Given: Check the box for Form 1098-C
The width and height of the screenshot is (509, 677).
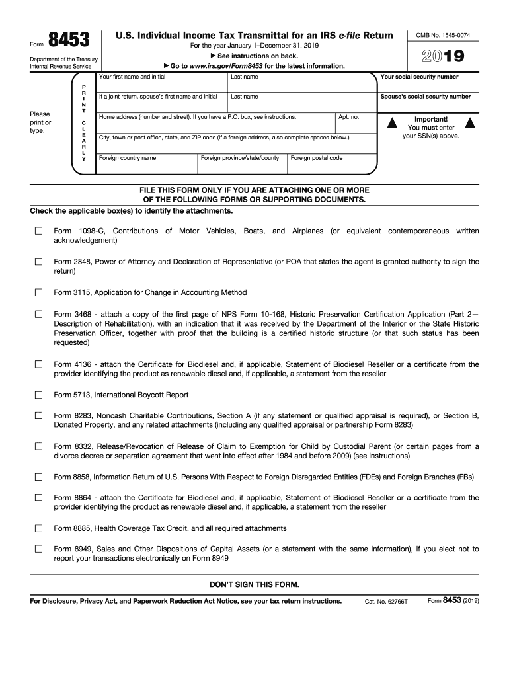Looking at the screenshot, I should (38, 231).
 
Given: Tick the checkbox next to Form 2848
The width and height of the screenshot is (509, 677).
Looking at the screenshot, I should (38, 262).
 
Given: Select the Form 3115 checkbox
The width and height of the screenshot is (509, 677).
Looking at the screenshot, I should (38, 292).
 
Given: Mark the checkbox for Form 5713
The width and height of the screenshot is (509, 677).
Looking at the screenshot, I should (38, 395).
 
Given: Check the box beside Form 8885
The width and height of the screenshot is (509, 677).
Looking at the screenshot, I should (38, 528).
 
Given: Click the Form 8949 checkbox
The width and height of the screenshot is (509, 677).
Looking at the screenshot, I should (38, 549).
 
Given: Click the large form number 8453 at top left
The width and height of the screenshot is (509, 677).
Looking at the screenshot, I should (69, 41).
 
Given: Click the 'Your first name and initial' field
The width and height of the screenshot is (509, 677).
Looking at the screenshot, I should (161, 85).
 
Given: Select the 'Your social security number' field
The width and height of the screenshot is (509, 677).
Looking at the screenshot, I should (428, 85).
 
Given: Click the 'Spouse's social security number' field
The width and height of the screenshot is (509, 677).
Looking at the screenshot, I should (428, 104).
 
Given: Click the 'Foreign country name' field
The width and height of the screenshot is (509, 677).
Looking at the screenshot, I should (146, 166).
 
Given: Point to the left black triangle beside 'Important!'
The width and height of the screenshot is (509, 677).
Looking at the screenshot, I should (392, 123).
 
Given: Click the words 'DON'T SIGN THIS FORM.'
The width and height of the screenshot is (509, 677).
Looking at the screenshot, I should (255, 585).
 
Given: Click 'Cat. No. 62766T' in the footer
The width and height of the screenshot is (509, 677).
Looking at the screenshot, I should (387, 602).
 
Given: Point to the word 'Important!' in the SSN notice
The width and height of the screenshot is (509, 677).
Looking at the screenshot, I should (431, 119).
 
